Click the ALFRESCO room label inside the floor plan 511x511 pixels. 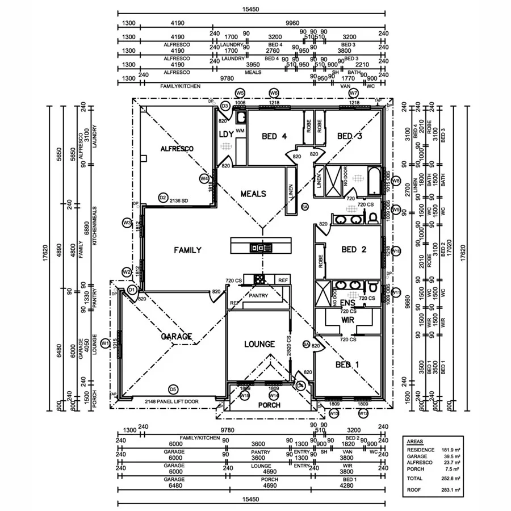click(178, 149)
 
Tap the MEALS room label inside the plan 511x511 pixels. click(253, 194)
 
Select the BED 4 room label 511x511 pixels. click(275, 136)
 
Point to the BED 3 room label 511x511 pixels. click(349, 136)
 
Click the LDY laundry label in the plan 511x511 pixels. click(227, 134)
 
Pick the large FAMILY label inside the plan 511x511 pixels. click(188, 250)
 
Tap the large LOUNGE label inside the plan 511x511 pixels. click(259, 344)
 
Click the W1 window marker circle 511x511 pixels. click(105, 344)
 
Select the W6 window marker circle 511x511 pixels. click(274, 93)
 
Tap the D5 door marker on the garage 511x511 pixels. click(173, 389)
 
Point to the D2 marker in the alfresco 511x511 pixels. click(163, 198)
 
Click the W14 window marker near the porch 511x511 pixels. click(274, 395)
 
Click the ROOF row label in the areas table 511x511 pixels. click(414, 489)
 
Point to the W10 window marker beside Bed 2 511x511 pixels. click(396, 250)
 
